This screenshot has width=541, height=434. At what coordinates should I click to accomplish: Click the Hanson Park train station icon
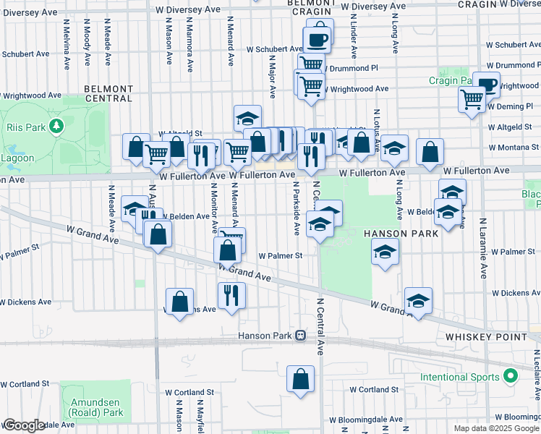[x=299, y=336]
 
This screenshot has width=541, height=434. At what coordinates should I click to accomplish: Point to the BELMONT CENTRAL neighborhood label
[x=108, y=93]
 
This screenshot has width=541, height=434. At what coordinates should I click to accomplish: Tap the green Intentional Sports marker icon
[x=511, y=377]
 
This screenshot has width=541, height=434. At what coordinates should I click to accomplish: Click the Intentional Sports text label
[x=460, y=378]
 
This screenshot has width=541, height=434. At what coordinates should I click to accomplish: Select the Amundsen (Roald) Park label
[x=96, y=407]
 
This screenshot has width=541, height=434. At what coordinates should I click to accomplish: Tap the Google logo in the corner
[x=23, y=425]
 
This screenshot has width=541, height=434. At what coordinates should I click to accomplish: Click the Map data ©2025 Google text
[x=495, y=428]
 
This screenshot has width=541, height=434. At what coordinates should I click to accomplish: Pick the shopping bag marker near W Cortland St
[x=301, y=378]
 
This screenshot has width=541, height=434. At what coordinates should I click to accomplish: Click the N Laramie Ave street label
[x=482, y=246]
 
